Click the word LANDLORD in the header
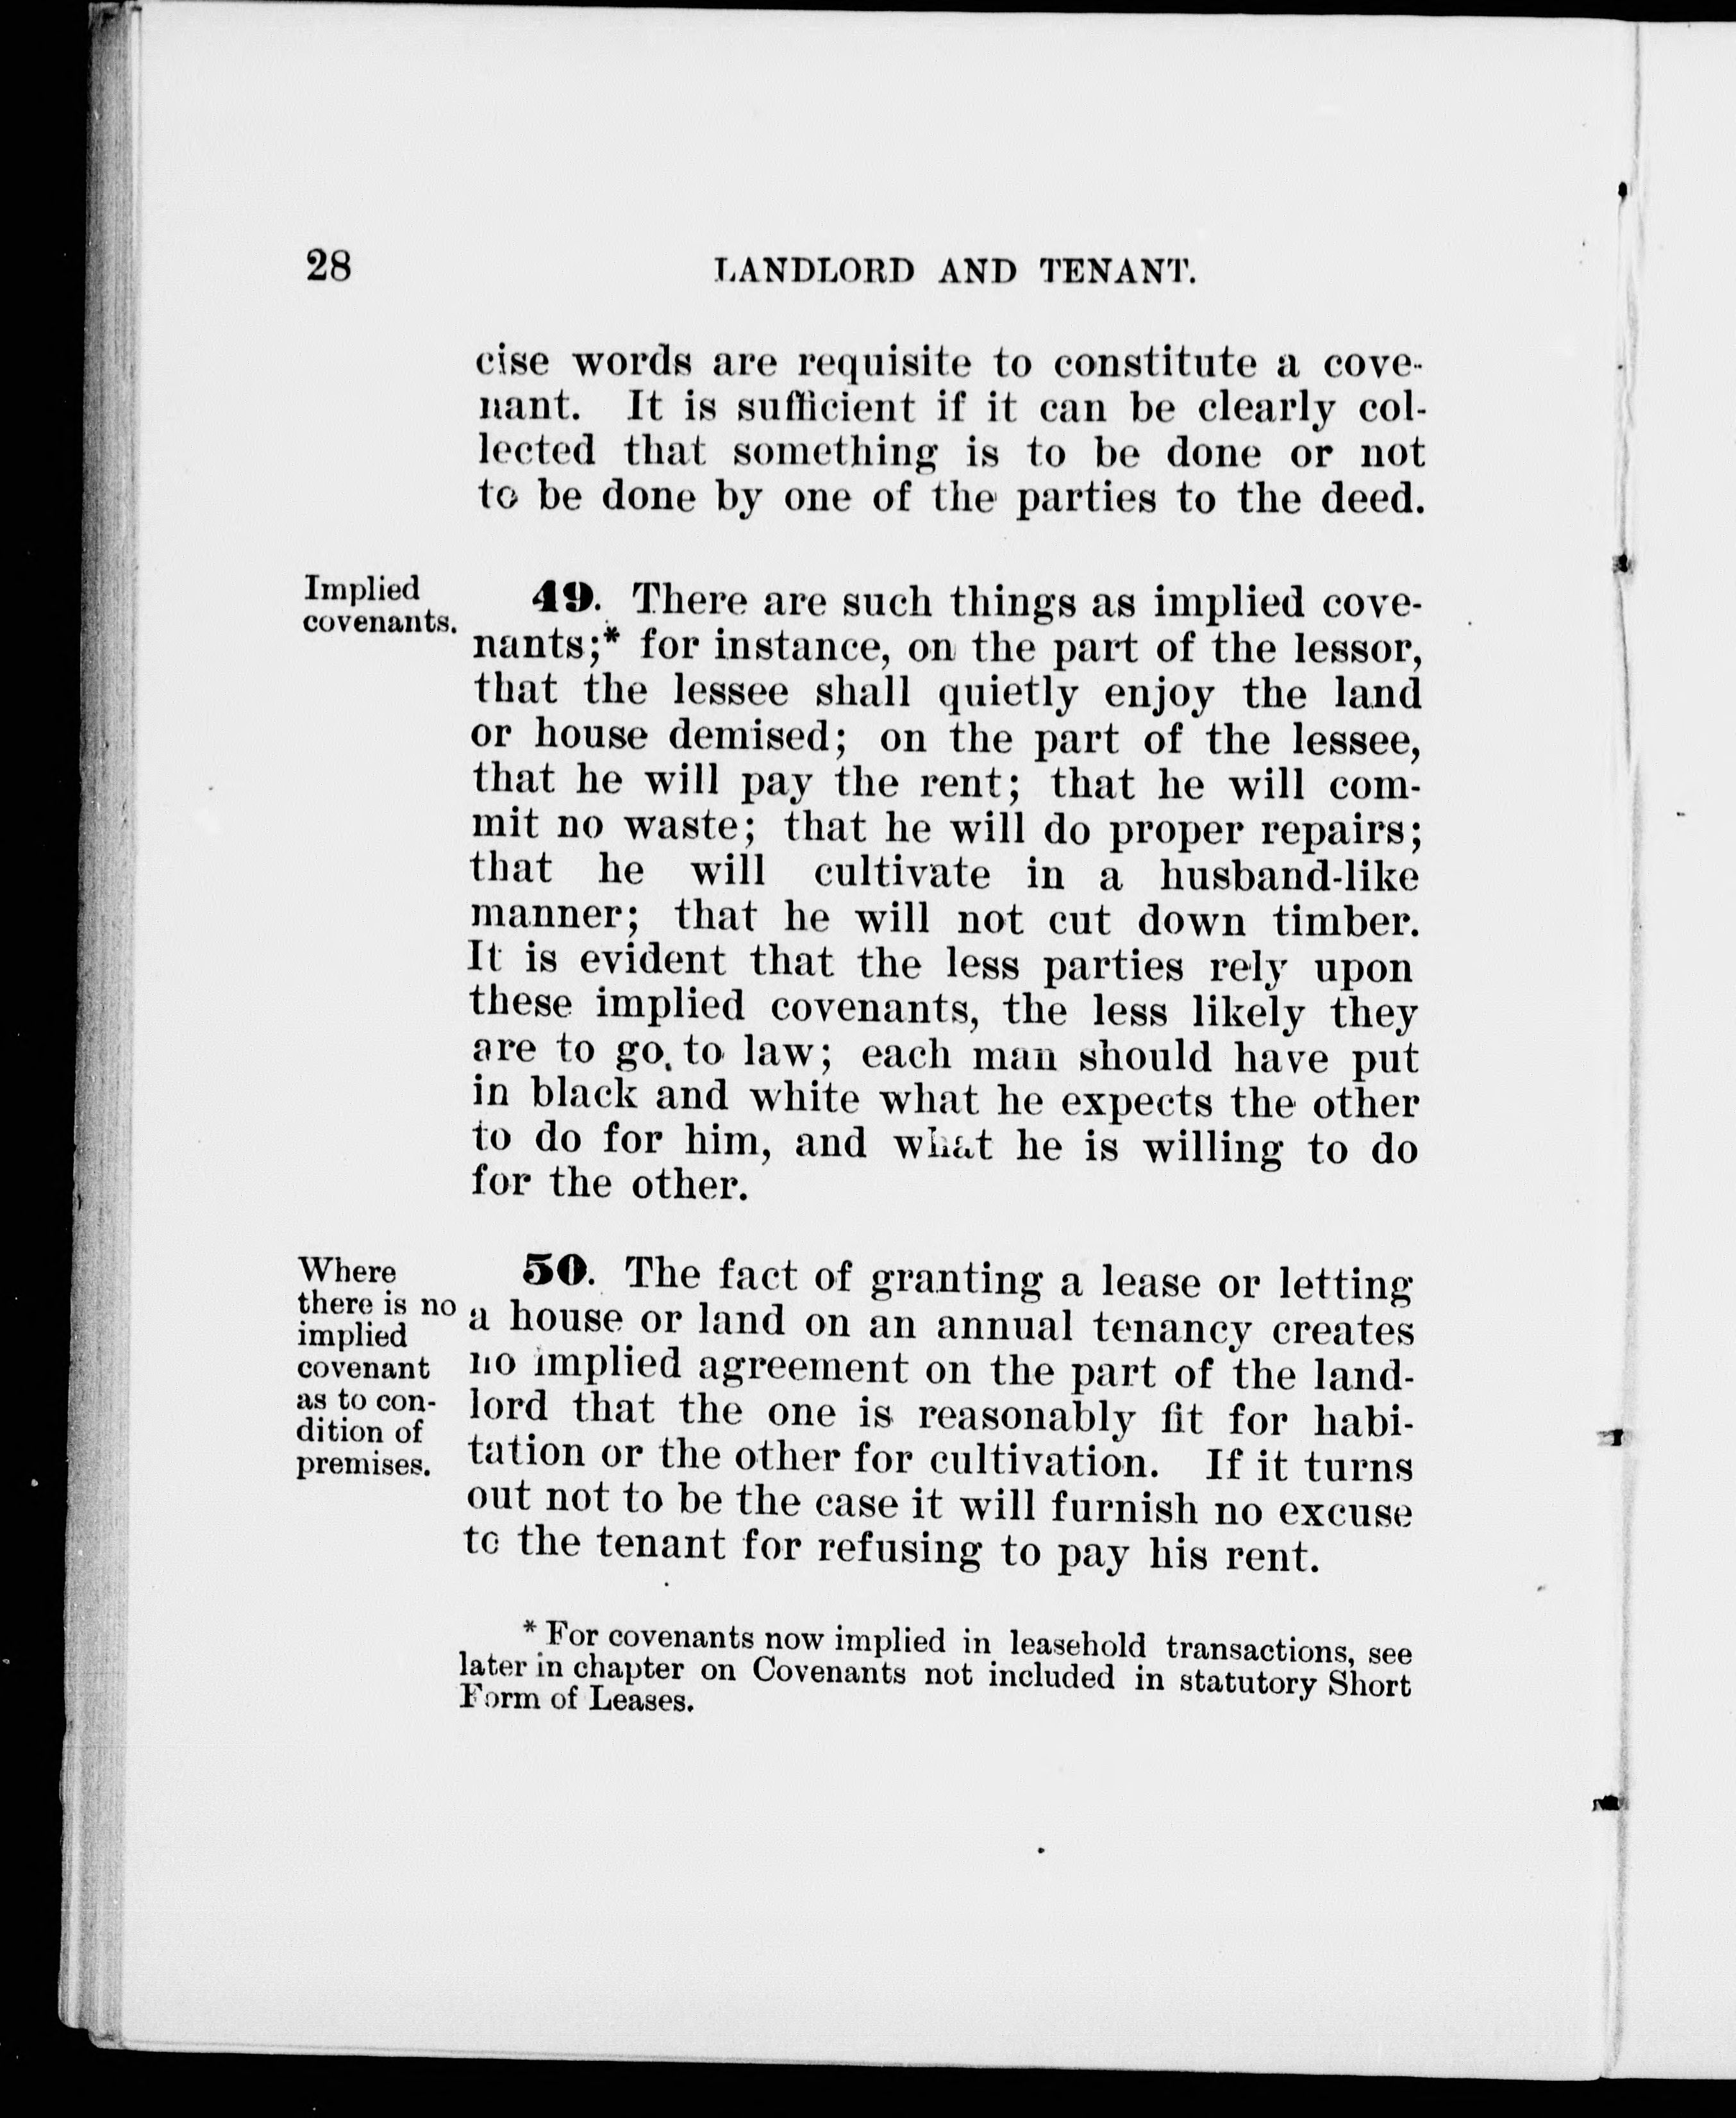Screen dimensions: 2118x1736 coord(815,271)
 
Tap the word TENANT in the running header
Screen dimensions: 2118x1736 coord(1118,271)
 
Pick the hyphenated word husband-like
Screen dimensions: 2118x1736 coord(1289,876)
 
